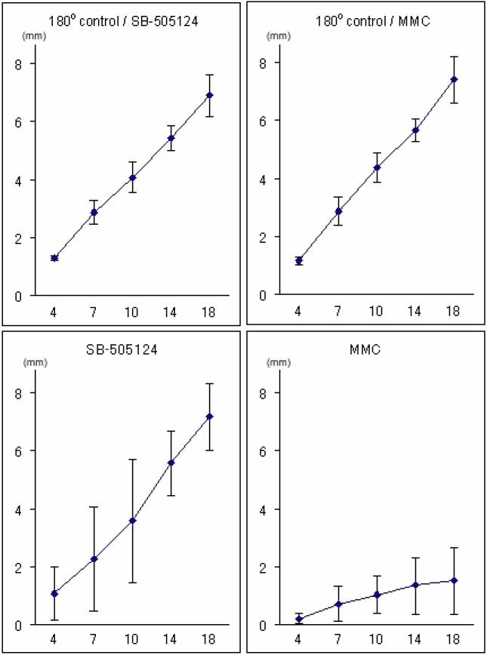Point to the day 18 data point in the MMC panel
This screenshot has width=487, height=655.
454,580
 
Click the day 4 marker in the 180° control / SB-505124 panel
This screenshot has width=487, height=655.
54,258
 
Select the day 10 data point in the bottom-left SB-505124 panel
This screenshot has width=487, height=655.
131,521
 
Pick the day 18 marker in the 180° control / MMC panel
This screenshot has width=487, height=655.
454,79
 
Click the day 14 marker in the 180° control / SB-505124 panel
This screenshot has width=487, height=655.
171,138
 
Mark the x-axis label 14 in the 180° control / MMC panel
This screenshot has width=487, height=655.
415,309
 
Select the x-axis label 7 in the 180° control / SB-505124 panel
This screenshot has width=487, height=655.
94,311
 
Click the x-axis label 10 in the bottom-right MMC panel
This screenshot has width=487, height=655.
375,639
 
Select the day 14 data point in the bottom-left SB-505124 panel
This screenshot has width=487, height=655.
171,463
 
